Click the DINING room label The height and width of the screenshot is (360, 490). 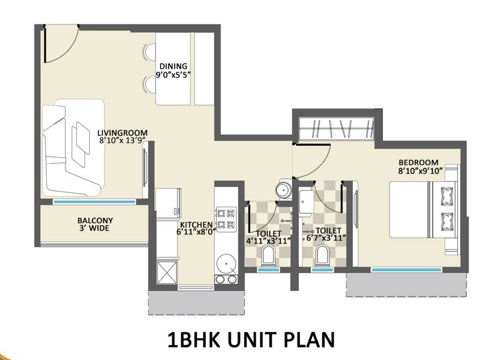pos(173,66)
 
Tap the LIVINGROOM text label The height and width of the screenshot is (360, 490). pos(122,132)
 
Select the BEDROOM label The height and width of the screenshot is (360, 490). pos(418,162)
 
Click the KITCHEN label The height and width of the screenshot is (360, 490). pos(197,224)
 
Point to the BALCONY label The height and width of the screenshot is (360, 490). pos(95,221)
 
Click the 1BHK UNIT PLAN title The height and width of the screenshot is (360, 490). pos(251,339)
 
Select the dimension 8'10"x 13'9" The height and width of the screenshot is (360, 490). pos(123,141)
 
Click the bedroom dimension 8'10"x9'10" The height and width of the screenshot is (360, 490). pos(418,170)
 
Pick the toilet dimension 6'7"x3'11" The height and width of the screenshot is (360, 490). pos(327,239)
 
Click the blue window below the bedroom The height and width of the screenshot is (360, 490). pos(406,269)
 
